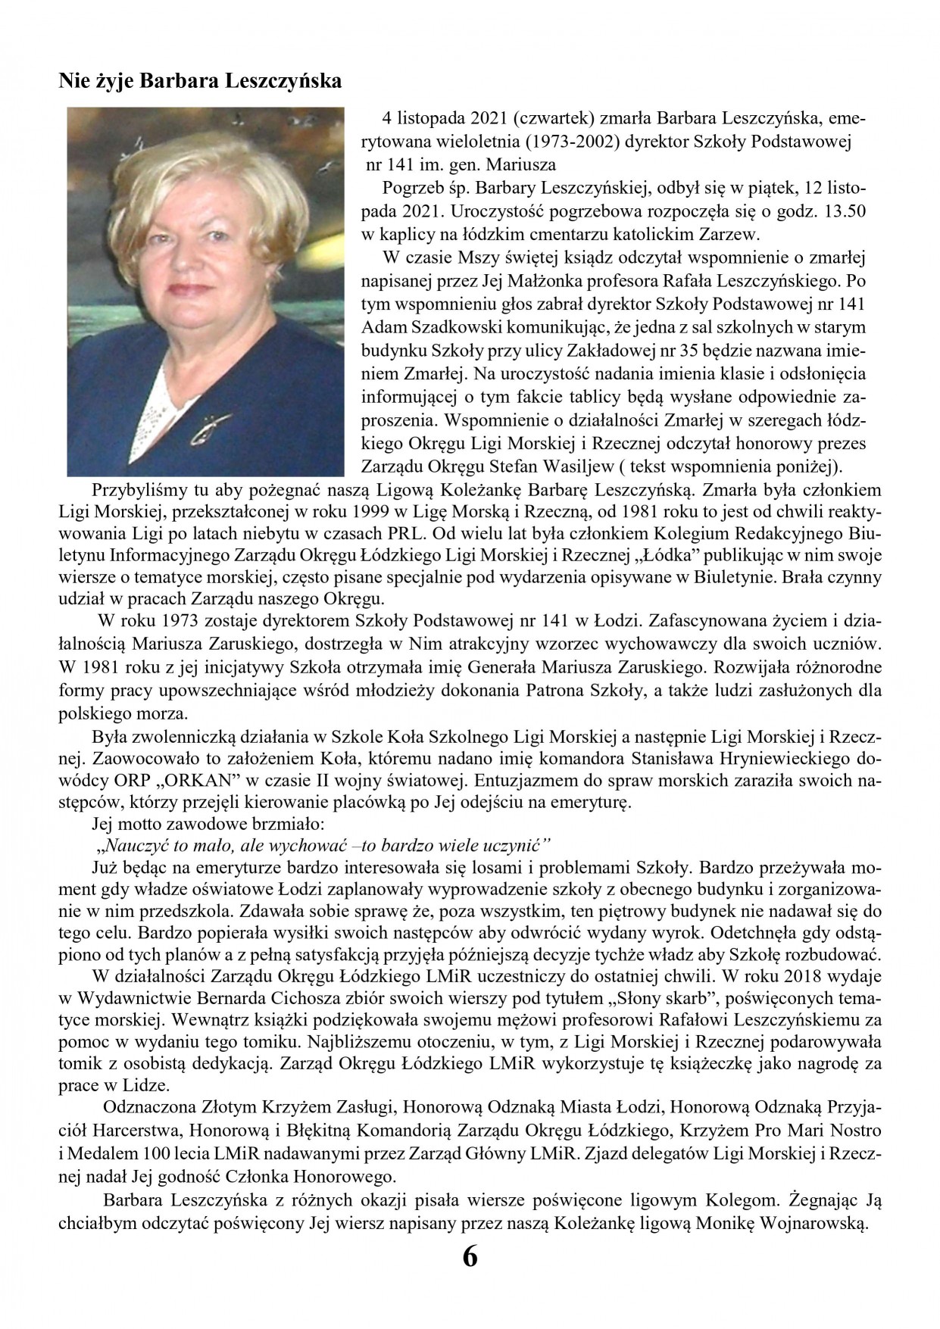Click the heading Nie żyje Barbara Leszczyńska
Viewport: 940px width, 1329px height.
pyautogui.click(x=200, y=81)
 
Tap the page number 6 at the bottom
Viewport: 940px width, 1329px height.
pyautogui.click(x=470, y=1278)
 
